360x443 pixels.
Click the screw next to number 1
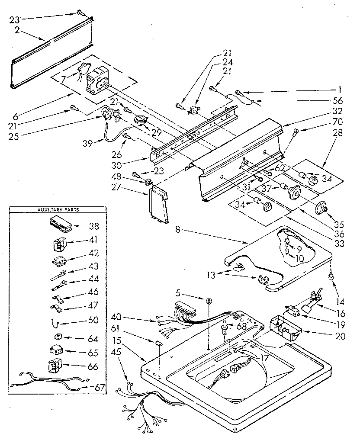239,92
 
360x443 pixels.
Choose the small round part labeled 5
209,300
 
